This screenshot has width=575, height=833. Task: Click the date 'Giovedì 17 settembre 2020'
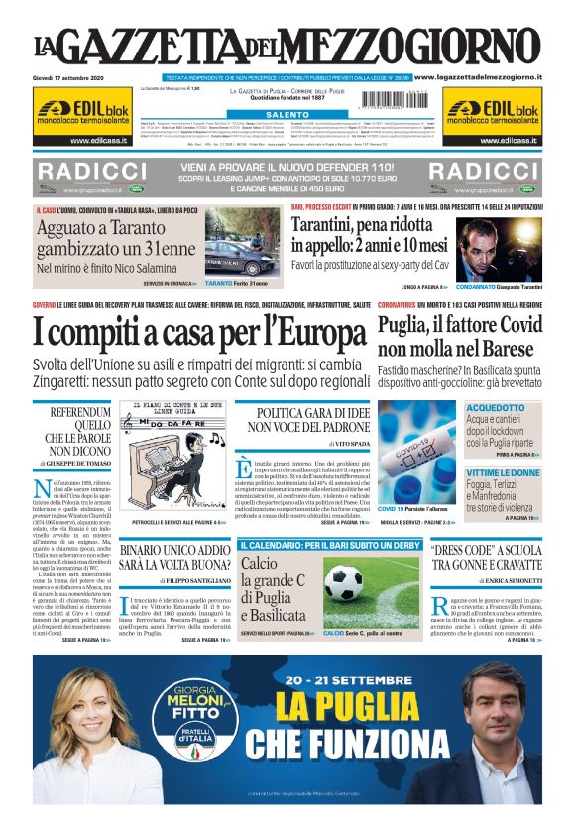tap(68, 76)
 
